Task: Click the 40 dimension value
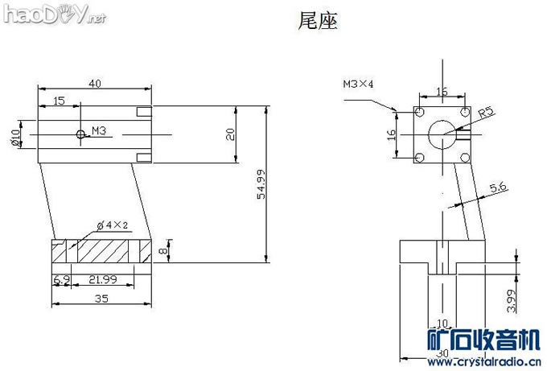pos(95,83)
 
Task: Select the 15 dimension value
pos(59,100)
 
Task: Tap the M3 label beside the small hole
pos(99,130)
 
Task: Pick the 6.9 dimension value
pos(60,279)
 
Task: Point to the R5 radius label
pos(485,113)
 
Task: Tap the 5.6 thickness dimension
pos(498,187)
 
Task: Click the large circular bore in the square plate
pos(440,134)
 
